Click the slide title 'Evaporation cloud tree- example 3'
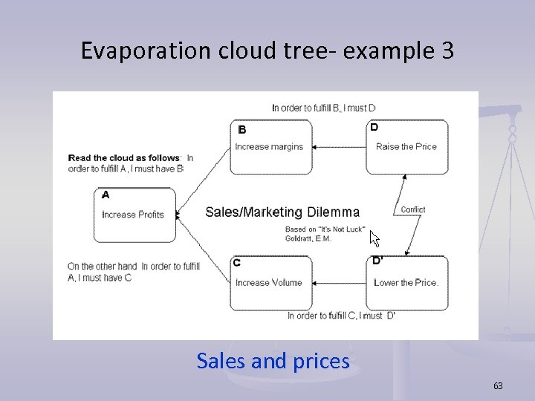pyautogui.click(x=267, y=50)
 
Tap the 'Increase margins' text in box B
pyautogui.click(x=269, y=146)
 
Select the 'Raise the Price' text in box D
pyautogui.click(x=406, y=146)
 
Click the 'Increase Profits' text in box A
pyautogui.click(x=132, y=215)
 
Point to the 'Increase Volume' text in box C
pyautogui.click(x=268, y=282)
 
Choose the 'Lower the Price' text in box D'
pyautogui.click(x=406, y=282)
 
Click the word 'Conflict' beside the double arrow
pyautogui.click(x=412, y=209)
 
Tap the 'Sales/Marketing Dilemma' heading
pyautogui.click(x=282, y=212)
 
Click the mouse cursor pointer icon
pyautogui.click(x=374, y=239)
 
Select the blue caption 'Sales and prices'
pyautogui.click(x=273, y=361)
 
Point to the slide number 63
pyautogui.click(x=498, y=385)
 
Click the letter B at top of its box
pyautogui.click(x=241, y=129)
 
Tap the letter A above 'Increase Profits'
pyautogui.click(x=105, y=195)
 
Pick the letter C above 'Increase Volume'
pyautogui.click(x=236, y=263)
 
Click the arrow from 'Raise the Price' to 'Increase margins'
pyautogui.click(x=339, y=147)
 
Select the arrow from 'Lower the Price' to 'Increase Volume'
pyautogui.click(x=339, y=283)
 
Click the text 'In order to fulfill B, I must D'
pyautogui.click(x=324, y=108)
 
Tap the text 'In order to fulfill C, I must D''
pyautogui.click(x=341, y=316)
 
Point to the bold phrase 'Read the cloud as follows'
pyautogui.click(x=124, y=157)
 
